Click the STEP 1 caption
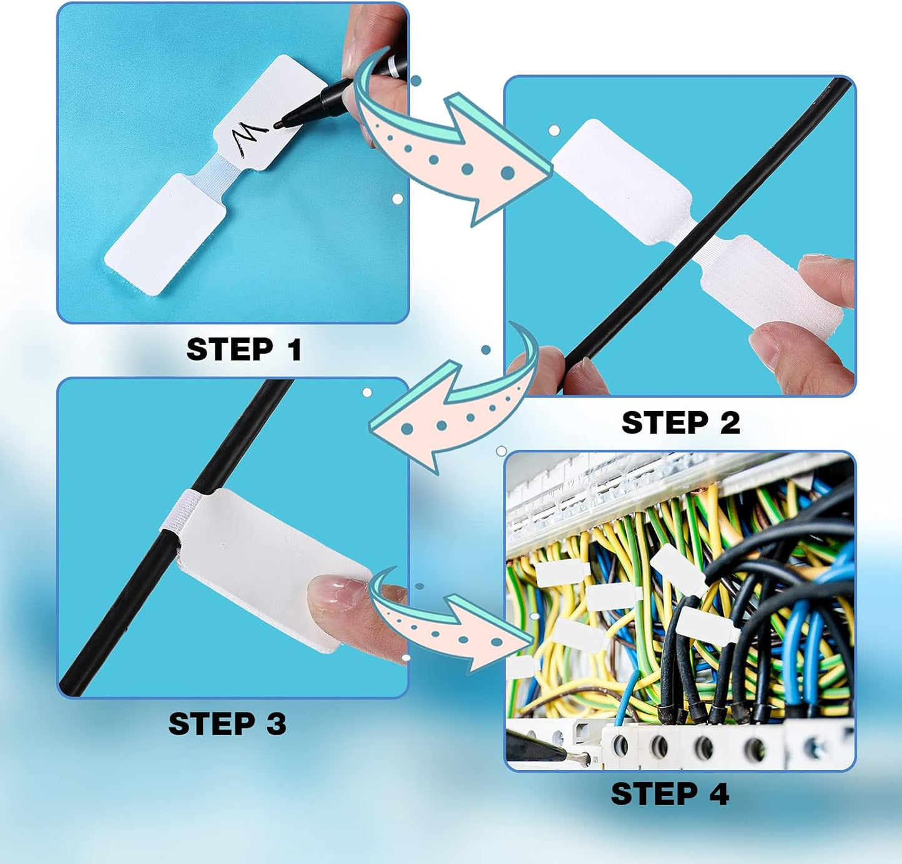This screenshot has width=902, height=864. coord(244,349)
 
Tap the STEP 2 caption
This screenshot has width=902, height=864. coord(680,423)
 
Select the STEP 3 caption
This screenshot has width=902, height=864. coord(227,724)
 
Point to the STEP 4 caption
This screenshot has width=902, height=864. coord(670,794)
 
